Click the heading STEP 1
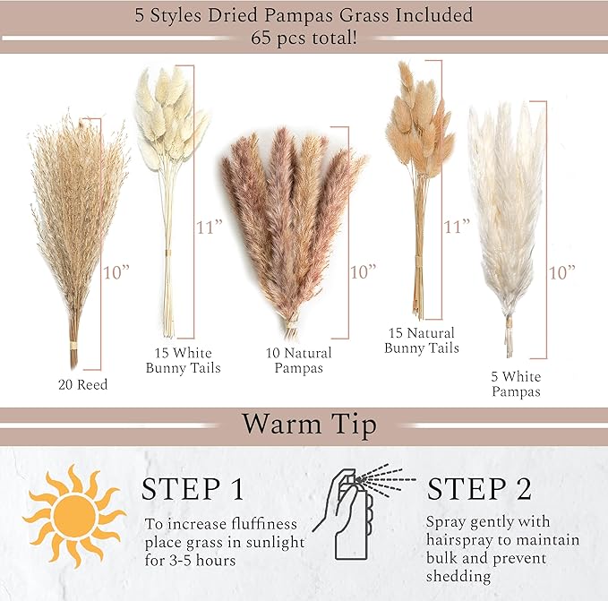pyautogui.click(x=193, y=489)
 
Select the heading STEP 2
pyautogui.click(x=479, y=488)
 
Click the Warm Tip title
pyautogui.click(x=310, y=425)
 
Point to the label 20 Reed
pyautogui.click(x=82, y=384)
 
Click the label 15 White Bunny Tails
pyautogui.click(x=183, y=360)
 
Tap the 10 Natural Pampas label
pyautogui.click(x=298, y=360)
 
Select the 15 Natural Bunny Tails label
pyautogui.click(x=422, y=340)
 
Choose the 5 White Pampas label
pyautogui.click(x=516, y=384)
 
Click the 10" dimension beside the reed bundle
pyautogui.click(x=116, y=272)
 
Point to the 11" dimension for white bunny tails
pyautogui.click(x=210, y=227)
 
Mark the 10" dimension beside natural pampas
pyautogui.click(x=363, y=271)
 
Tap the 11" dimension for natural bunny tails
pyautogui.click(x=457, y=227)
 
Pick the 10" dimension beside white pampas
pyautogui.click(x=561, y=272)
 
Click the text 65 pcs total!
pyautogui.click(x=304, y=38)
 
